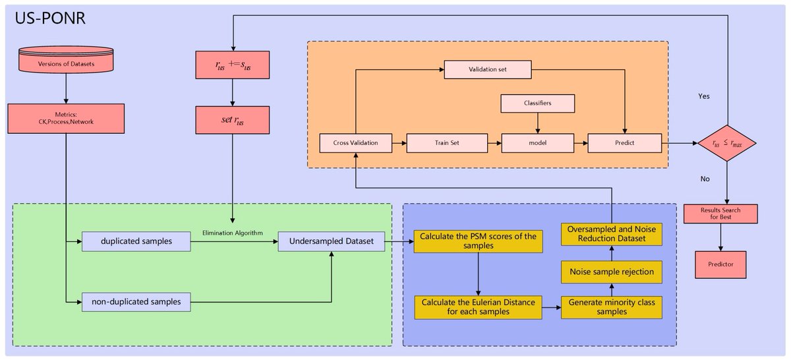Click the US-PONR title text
(x=50, y=18)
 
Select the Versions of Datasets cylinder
(x=66, y=60)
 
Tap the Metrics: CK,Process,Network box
(x=66, y=118)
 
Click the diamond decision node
(x=727, y=143)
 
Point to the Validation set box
(x=488, y=70)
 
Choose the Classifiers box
(x=537, y=103)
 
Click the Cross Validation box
(x=355, y=143)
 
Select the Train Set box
(x=447, y=143)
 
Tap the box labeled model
(x=537, y=143)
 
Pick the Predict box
(x=625, y=143)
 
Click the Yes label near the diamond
(x=704, y=96)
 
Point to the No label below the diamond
(x=705, y=179)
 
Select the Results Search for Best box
(x=720, y=214)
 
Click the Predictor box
(x=720, y=264)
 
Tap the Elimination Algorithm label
(x=232, y=233)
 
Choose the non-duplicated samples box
(x=136, y=302)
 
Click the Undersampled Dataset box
(x=331, y=241)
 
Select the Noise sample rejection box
(x=612, y=272)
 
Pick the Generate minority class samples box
(x=612, y=307)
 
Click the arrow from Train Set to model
(x=494, y=143)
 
